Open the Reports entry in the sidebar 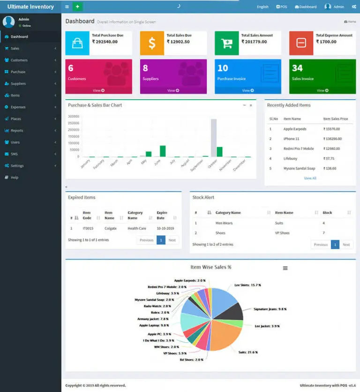tap(17, 131)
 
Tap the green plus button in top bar tap(78, 7)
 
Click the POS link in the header tap(281, 7)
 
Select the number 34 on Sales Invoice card tap(297, 68)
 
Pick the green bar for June tap(163, 151)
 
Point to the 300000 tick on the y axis tap(74, 116)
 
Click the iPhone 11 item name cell tap(292, 139)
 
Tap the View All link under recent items tap(310, 178)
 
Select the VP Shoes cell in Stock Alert tap(282, 233)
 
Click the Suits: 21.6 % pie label tap(248, 352)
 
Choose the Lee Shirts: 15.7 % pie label tap(247, 285)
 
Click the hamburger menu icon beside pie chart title tap(285, 268)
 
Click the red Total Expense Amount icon tap(301, 43)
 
